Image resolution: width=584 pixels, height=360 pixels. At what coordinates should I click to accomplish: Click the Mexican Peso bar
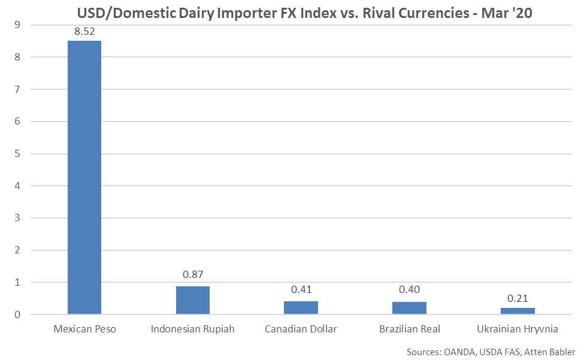click(84, 177)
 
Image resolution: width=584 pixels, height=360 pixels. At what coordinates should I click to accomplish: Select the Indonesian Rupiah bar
click(192, 300)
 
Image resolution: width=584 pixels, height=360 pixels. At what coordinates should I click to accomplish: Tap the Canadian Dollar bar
click(301, 307)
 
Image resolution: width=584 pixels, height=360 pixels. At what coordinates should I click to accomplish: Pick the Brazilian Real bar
click(409, 308)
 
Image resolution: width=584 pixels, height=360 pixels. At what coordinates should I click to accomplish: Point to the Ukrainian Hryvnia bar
click(518, 311)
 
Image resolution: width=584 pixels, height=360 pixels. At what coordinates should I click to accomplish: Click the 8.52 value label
click(84, 31)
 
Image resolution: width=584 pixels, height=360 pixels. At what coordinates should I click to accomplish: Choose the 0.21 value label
click(518, 298)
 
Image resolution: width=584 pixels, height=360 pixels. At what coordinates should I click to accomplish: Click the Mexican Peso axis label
click(84, 329)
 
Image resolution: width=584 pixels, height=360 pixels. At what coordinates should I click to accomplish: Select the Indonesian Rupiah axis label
click(192, 329)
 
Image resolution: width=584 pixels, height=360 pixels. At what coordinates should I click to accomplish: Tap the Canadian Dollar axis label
click(301, 329)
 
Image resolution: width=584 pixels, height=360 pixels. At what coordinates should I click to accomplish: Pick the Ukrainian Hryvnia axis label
click(518, 329)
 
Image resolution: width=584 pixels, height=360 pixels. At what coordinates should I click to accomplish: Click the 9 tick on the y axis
click(19, 25)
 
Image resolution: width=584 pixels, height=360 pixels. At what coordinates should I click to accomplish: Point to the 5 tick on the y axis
click(19, 154)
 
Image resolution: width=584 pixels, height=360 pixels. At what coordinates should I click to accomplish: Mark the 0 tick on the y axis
click(19, 314)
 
